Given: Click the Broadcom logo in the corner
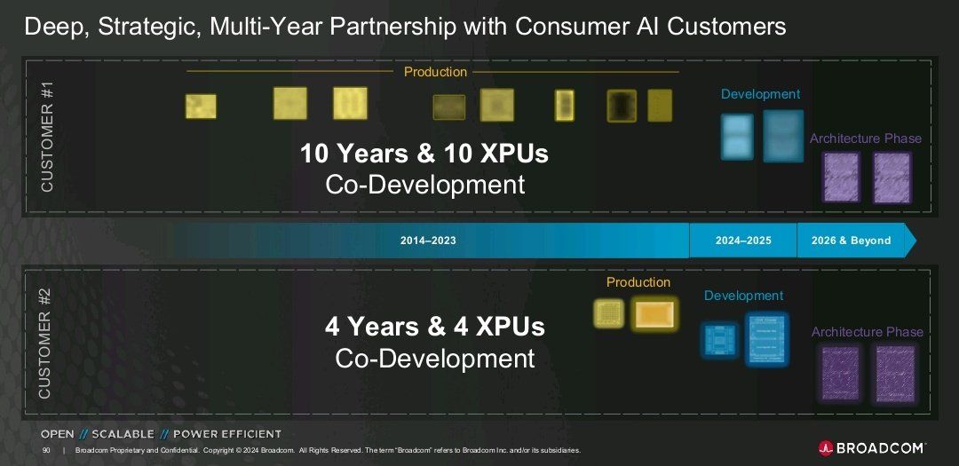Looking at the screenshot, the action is pyautogui.click(x=872, y=447).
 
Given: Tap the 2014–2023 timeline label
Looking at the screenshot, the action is pyautogui.click(x=428, y=241).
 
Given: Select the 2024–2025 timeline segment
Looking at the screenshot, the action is pyautogui.click(x=743, y=241).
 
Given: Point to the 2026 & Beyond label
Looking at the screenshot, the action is pyautogui.click(x=851, y=241).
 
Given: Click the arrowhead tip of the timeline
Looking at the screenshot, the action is pyautogui.click(x=916, y=241).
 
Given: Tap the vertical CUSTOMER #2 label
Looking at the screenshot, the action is pyautogui.click(x=45, y=343).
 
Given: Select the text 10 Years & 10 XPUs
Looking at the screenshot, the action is pyautogui.click(x=424, y=154).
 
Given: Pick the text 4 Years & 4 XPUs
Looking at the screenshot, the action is pyautogui.click(x=435, y=327).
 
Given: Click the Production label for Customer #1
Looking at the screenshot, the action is pyautogui.click(x=435, y=72).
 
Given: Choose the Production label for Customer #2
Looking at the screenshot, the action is pyautogui.click(x=638, y=282).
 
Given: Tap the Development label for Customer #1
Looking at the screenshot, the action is pyautogui.click(x=760, y=94).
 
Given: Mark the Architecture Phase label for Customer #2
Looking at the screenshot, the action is pyautogui.click(x=867, y=332).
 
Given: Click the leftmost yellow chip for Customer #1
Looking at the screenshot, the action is pyautogui.click(x=201, y=107).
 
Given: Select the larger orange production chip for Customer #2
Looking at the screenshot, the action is pyautogui.click(x=654, y=315).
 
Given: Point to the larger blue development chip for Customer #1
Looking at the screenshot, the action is pyautogui.click(x=783, y=136).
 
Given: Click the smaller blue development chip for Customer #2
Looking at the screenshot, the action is pyautogui.click(x=718, y=339).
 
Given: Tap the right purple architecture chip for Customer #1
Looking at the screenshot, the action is pyautogui.click(x=892, y=178).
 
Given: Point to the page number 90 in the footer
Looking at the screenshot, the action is pyautogui.click(x=46, y=451).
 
